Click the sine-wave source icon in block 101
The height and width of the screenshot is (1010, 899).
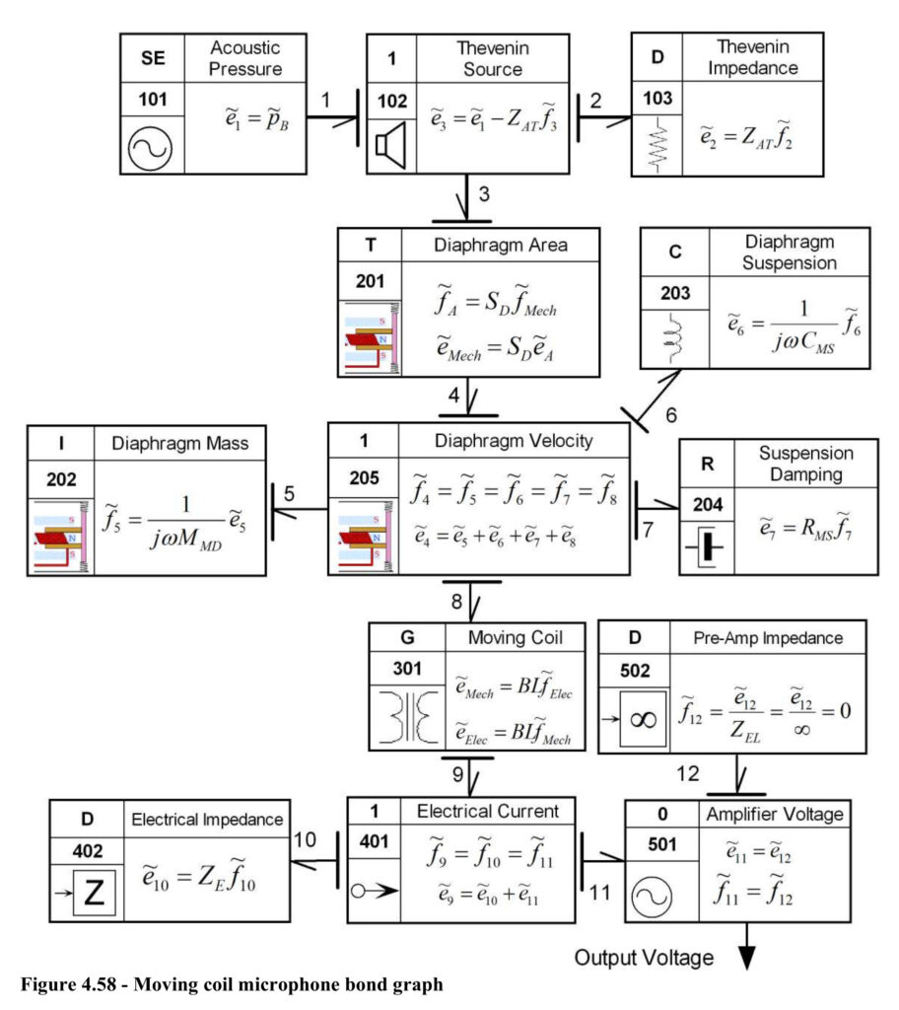pos(150,148)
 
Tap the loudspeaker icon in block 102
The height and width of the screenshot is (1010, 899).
pos(391,146)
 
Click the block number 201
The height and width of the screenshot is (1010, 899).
pos(370,281)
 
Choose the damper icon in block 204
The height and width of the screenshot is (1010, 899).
pos(706,546)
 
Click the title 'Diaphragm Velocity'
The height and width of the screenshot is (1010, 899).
pos(514,441)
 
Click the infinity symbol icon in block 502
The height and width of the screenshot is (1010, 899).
pos(643,719)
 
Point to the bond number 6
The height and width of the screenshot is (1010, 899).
pos(671,415)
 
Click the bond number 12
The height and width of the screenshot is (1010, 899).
pos(688,773)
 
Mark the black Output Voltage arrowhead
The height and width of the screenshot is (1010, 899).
pos(746,957)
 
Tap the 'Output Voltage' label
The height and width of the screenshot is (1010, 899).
pos(644,957)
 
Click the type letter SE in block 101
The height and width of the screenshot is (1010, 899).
pos(153,58)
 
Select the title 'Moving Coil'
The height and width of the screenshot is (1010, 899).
pos(516,638)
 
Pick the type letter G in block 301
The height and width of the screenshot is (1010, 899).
pos(407,637)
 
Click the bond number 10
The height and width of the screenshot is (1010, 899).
pos(306,839)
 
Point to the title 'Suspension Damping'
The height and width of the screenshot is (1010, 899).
pos(805,464)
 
